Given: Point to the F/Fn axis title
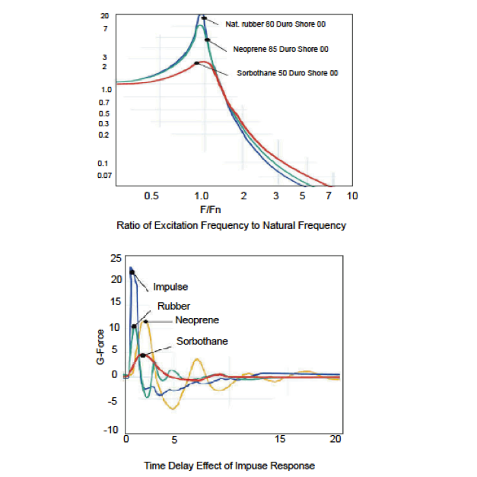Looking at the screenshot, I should click(211, 209).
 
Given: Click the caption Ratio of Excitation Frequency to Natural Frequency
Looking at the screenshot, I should click(231, 225).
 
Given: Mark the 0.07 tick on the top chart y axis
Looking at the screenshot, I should click(104, 175).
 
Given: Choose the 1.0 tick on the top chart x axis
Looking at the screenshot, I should click(202, 196).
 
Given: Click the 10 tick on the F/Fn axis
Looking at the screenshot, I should click(351, 196).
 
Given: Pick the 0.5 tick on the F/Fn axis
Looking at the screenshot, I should click(151, 196).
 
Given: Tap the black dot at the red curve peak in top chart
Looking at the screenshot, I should click(197, 63).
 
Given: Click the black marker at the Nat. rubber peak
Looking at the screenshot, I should click(204, 17).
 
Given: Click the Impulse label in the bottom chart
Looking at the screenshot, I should click(170, 287).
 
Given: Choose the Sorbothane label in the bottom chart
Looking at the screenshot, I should click(202, 342).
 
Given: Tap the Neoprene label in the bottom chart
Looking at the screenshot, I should click(196, 320).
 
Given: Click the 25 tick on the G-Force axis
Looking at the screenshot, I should click(116, 259).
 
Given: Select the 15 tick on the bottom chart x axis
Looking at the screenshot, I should click(280, 440).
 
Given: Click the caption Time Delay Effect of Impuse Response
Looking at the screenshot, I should click(229, 465).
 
